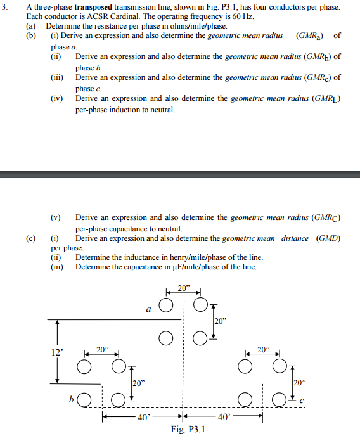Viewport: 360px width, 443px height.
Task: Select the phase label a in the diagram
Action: [148, 309]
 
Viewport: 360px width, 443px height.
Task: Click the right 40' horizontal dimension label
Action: [224, 416]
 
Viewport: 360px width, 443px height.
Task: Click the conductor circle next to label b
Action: [84, 399]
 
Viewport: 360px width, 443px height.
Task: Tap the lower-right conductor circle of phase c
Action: [278, 399]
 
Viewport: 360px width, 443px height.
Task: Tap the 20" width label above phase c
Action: [263, 349]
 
